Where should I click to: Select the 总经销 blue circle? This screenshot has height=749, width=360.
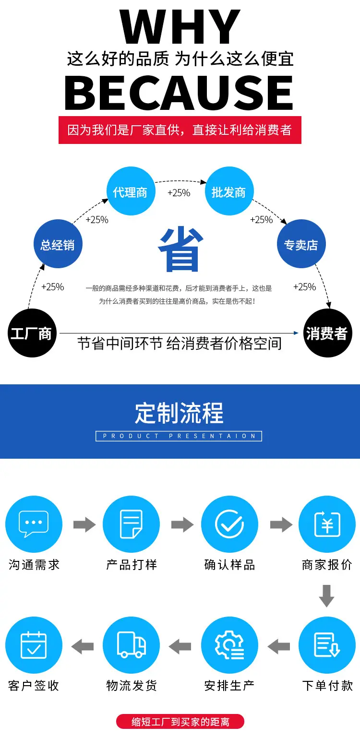click(x=58, y=244)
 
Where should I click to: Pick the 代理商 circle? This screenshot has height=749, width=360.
click(x=130, y=191)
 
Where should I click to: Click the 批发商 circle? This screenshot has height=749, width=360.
click(x=228, y=191)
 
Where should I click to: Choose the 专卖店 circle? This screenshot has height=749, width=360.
click(x=301, y=244)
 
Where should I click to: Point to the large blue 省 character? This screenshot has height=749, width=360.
click(x=181, y=250)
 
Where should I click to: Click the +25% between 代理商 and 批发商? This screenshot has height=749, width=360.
click(x=179, y=193)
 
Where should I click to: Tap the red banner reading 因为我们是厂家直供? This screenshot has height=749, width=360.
click(x=180, y=130)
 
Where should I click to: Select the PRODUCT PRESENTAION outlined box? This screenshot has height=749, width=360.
click(x=179, y=436)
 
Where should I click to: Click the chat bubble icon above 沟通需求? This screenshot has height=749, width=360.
click(x=34, y=524)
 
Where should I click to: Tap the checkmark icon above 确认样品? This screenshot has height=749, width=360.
click(x=229, y=524)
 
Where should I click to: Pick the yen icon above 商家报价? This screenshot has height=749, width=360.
click(x=327, y=524)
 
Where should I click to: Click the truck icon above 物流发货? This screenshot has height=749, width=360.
click(x=132, y=645)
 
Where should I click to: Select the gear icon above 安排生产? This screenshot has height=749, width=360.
click(x=229, y=645)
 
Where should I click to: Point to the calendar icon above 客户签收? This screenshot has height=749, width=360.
click(x=34, y=645)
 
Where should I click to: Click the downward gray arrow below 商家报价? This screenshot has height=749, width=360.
click(x=327, y=595)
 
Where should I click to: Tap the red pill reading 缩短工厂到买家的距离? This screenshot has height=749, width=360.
click(x=180, y=722)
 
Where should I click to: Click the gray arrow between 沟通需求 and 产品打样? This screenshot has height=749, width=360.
click(x=84, y=524)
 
